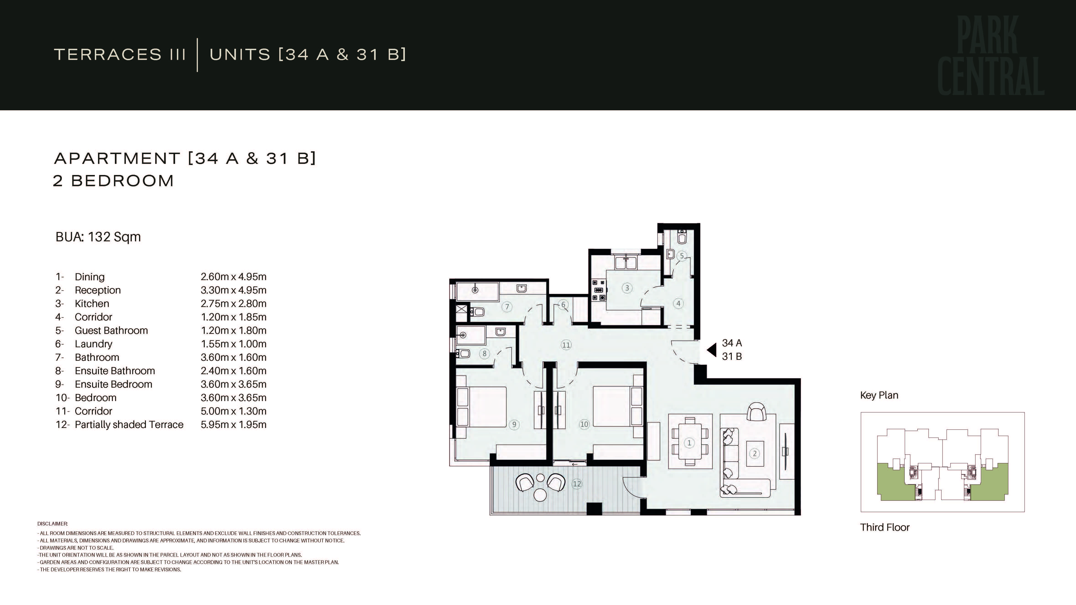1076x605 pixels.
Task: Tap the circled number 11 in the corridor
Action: tap(566, 345)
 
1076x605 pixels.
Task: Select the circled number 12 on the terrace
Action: tap(577, 484)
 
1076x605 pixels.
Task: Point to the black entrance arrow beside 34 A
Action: tap(711, 350)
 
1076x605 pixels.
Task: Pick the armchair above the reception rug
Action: tap(756, 412)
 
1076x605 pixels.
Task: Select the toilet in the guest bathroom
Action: tap(682, 237)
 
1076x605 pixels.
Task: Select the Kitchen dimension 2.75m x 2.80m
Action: tap(233, 304)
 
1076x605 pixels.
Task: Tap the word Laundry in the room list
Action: tap(93, 344)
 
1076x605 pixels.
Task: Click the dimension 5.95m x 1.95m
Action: tap(233, 425)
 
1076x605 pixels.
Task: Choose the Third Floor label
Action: tap(885, 527)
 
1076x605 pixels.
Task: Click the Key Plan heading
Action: tap(879, 395)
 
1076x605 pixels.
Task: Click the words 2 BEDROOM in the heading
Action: tap(113, 181)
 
